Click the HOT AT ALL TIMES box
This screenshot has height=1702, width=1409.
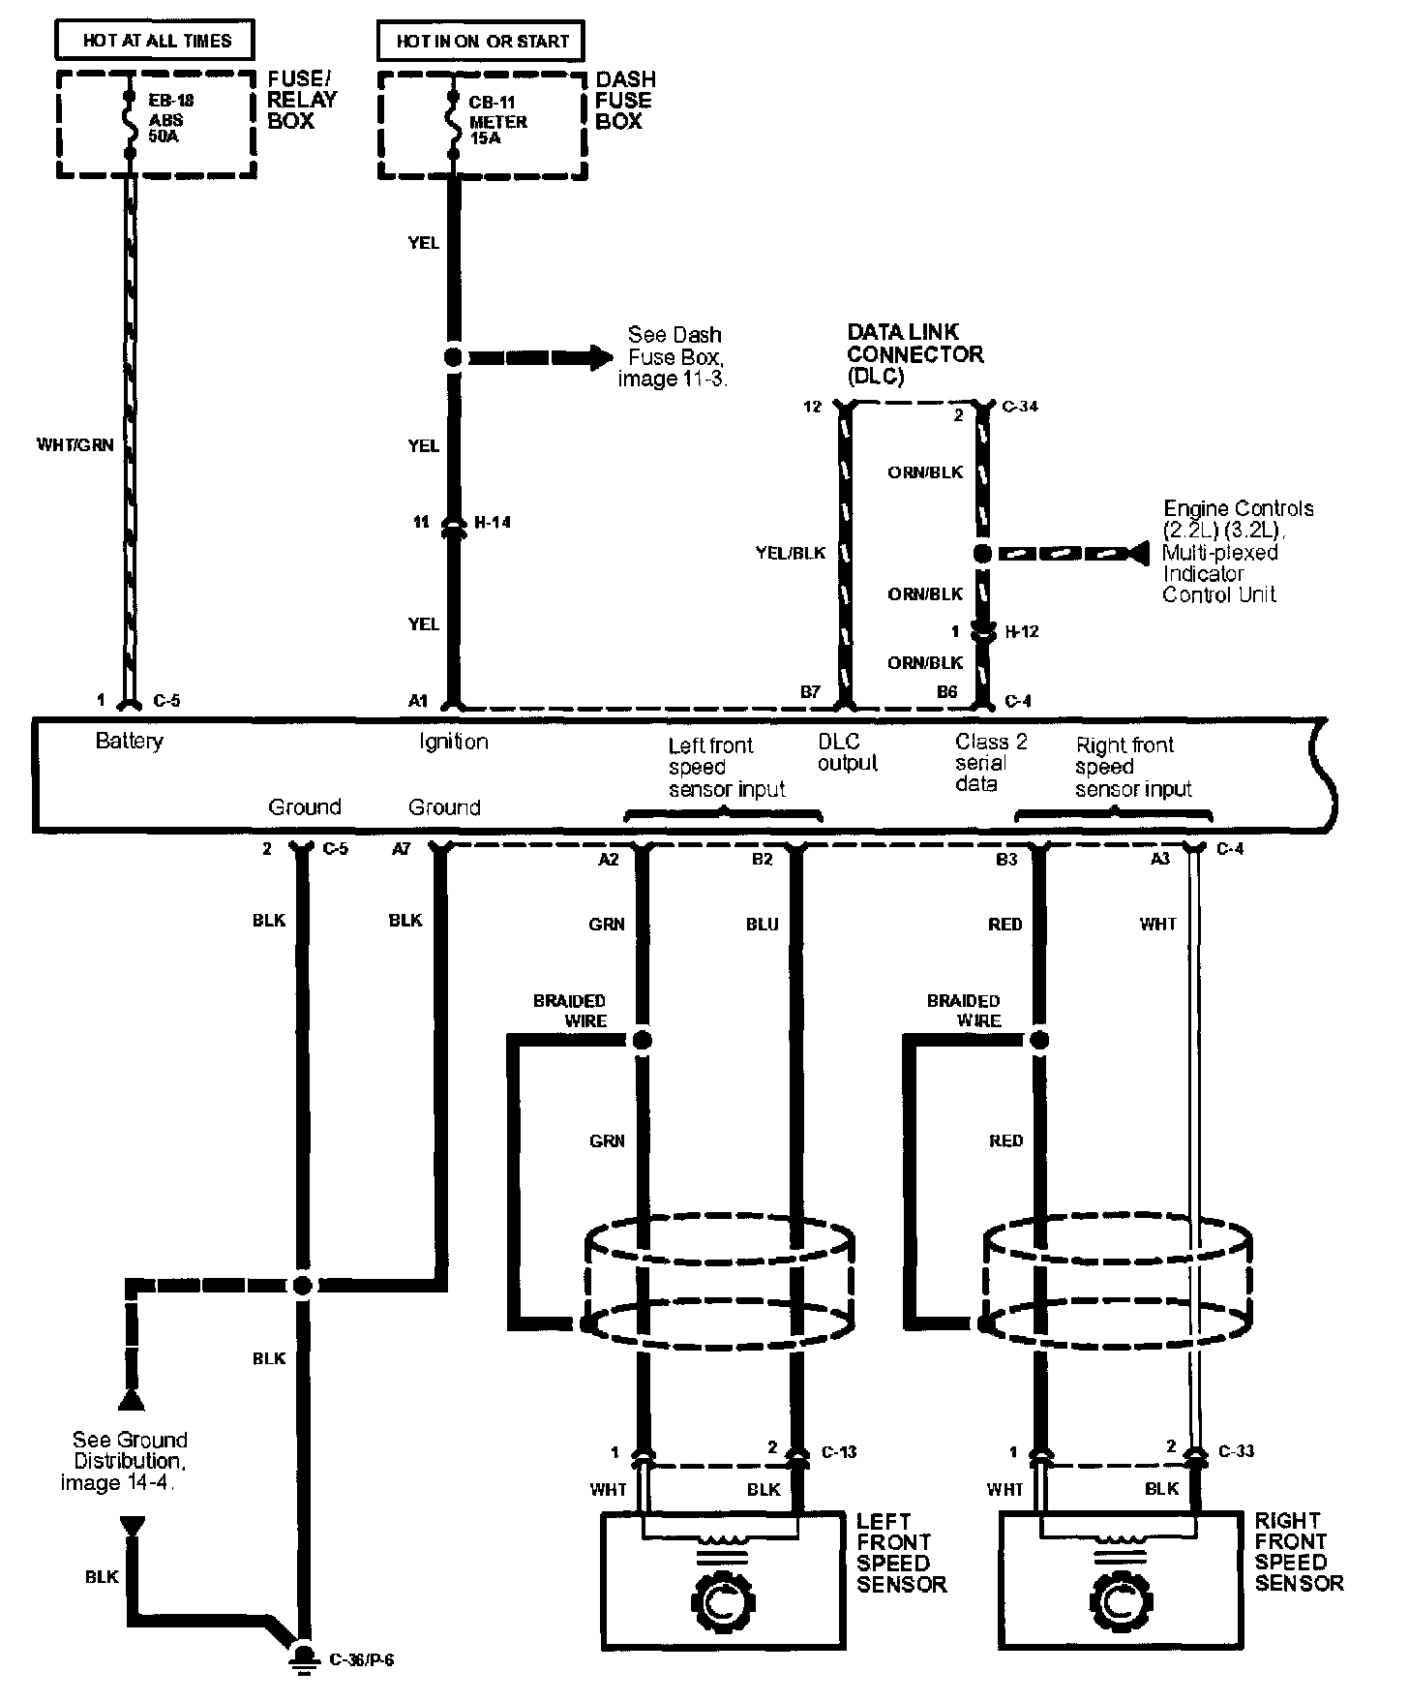(157, 41)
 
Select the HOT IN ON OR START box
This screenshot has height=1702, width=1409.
(481, 42)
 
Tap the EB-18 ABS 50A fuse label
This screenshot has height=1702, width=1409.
(170, 118)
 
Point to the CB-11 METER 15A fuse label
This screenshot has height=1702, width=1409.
(497, 120)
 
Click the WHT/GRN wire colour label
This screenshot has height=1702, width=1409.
(75, 445)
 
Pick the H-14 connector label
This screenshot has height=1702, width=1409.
(493, 523)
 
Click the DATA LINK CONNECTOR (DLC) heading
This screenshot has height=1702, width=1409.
(914, 354)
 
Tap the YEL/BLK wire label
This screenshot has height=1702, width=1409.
(791, 553)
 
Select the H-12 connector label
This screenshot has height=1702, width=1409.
(1022, 632)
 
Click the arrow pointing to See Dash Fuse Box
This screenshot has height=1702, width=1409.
(542, 357)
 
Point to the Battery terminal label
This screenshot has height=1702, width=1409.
(130, 742)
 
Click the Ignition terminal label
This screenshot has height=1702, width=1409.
(453, 743)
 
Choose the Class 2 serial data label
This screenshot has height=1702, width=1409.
(991, 763)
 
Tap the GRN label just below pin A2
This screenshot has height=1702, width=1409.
(607, 925)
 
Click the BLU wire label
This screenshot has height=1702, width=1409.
(763, 925)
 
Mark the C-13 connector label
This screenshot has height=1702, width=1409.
(839, 1452)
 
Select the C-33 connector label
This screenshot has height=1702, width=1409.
(1238, 1451)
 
